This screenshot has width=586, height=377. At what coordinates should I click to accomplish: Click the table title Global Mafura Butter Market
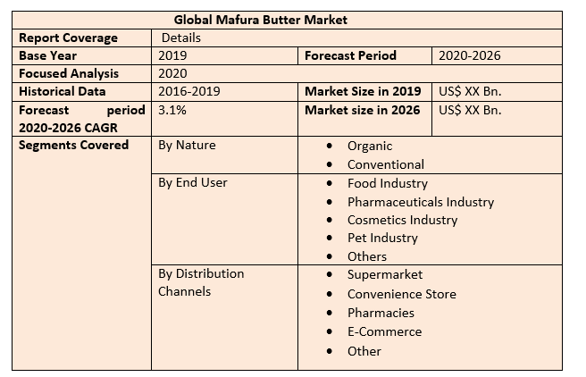click(x=261, y=19)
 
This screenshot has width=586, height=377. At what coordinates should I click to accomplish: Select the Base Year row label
click(x=48, y=55)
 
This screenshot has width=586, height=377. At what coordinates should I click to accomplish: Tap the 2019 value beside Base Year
click(x=172, y=55)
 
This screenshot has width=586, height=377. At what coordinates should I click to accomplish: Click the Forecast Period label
click(x=350, y=55)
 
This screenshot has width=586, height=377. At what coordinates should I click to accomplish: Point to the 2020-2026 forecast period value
click(x=469, y=55)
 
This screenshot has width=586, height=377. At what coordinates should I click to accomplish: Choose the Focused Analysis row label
click(x=69, y=73)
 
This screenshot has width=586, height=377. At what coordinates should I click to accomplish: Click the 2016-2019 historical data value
click(x=188, y=91)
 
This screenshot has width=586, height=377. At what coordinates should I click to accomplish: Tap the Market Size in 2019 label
click(x=363, y=91)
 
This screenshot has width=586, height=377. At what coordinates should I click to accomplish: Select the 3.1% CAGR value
click(x=172, y=110)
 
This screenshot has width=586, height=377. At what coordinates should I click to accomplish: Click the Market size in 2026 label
click(x=363, y=110)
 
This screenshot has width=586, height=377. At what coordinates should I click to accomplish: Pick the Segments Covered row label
click(x=73, y=145)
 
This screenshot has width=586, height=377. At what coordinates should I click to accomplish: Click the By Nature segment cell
click(x=187, y=145)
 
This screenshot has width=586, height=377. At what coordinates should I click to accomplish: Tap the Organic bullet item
click(x=370, y=146)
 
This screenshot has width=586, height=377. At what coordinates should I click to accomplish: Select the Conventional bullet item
click(x=386, y=164)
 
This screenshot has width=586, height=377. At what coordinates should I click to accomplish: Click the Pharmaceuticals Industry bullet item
click(x=421, y=201)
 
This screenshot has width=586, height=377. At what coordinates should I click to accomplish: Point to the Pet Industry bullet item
click(x=382, y=238)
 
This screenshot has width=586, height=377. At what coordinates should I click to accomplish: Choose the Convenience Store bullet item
click(x=402, y=294)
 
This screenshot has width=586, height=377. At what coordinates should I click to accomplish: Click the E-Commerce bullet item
click(x=385, y=331)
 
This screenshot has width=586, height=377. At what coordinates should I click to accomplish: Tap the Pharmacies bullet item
click(x=381, y=313)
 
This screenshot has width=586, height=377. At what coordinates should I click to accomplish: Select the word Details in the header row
click(x=181, y=38)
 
